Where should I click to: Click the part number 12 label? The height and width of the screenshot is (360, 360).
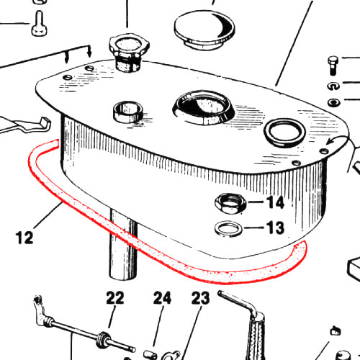coord(24,238)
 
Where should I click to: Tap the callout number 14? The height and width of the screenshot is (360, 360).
coord(276,202)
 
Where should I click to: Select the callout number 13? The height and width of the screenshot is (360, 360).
coord(275,228)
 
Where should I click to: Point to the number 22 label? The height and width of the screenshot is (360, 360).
coord(115,298)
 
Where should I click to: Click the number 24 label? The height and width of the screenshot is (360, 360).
coord(162,298)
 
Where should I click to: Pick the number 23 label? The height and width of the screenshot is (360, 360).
coord(200,298)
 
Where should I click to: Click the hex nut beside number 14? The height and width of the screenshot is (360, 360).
coord(230,204)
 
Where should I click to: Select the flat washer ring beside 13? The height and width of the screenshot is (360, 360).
coord(228,229)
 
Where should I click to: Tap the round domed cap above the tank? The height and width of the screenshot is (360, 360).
coord(204,30)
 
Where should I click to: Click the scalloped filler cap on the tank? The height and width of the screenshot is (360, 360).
coord(129,53)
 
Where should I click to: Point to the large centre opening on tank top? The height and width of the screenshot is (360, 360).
coord(204,107)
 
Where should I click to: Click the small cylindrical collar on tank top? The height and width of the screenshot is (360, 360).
coord(128,112)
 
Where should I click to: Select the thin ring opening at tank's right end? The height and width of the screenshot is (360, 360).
coord(284,132)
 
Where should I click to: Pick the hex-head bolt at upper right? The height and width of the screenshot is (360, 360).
coord(333,66)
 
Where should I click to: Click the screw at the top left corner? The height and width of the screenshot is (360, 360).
coord(39,24)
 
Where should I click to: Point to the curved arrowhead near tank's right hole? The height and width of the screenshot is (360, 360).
coord(329,143)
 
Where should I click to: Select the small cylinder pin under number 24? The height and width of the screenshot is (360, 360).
coord(150,355)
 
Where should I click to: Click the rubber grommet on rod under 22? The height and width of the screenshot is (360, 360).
coord(102,340)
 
